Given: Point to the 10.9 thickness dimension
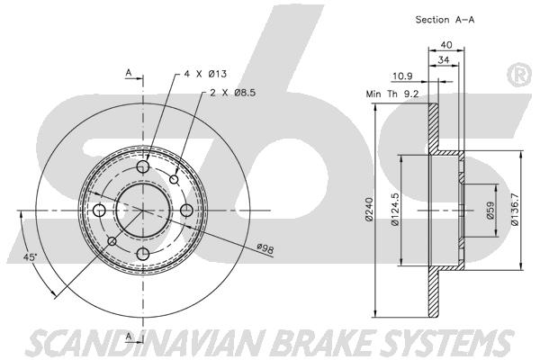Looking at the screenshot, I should click(402, 77).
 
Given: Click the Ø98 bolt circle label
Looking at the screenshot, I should click(265, 247).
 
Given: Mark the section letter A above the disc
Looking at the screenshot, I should click(129, 71).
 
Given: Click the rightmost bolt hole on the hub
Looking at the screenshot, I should click(187, 210).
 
